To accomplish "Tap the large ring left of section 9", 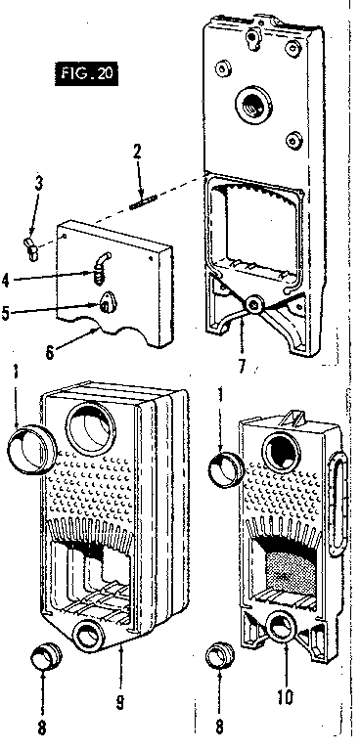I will (x=26, y=446).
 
